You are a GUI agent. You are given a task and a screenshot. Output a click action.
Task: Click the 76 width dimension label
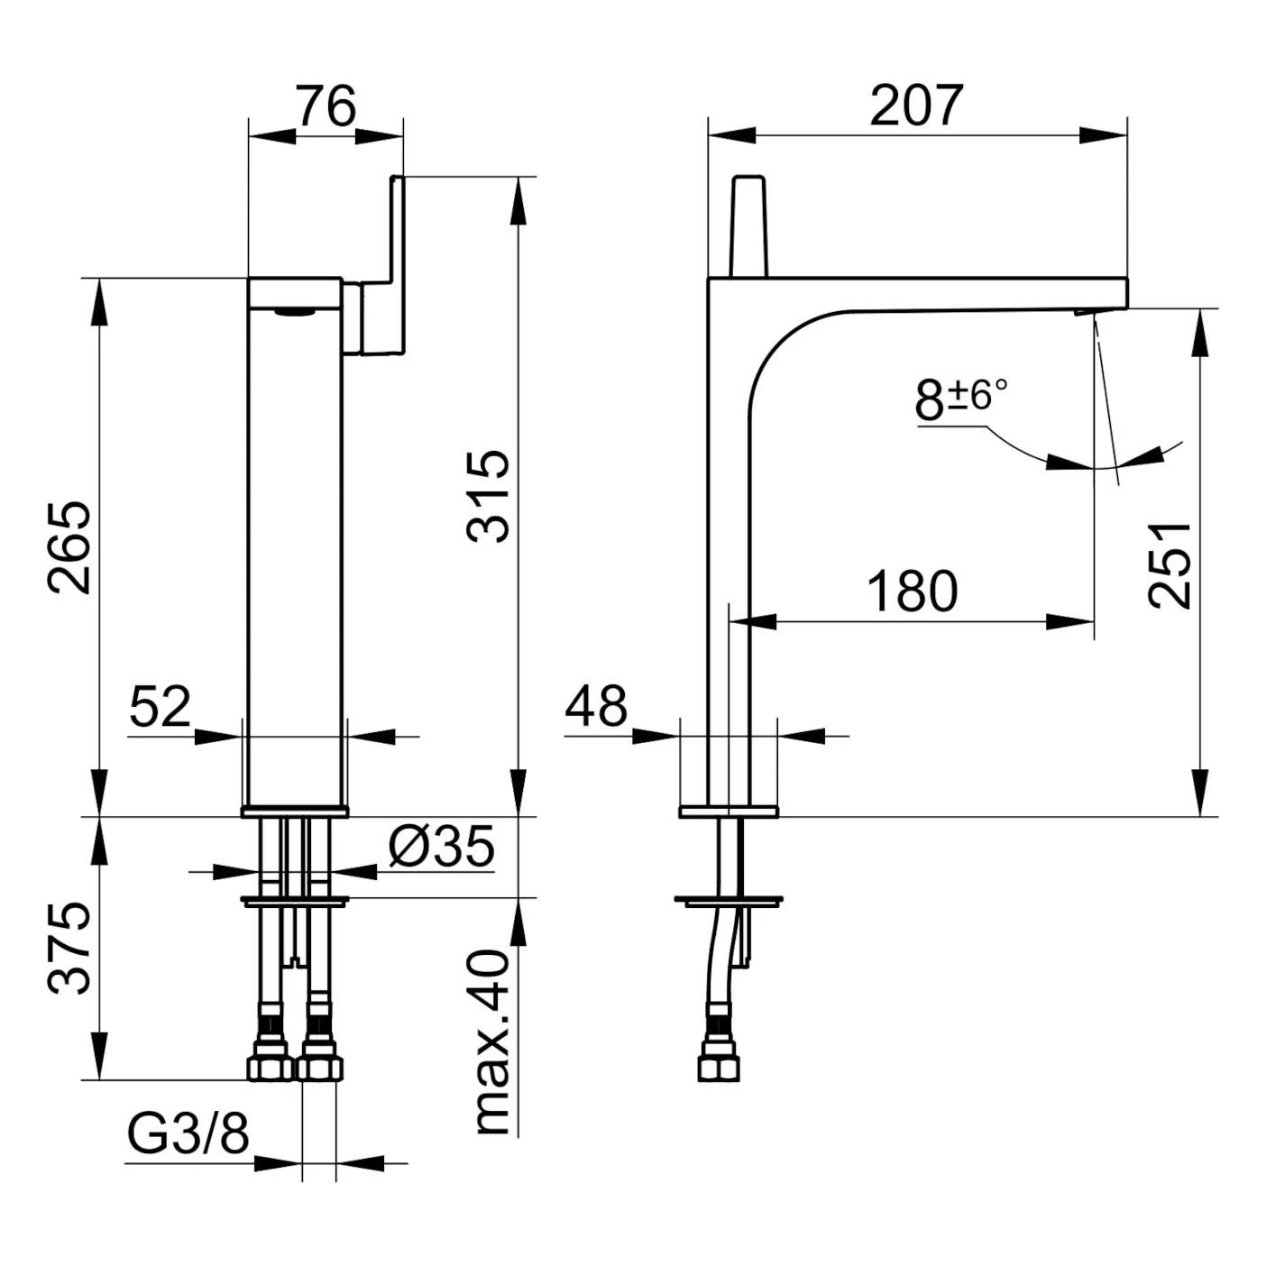[326, 105]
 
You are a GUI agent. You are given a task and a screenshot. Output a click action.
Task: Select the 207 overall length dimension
[916, 105]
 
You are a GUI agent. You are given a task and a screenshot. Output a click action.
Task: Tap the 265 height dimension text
[69, 548]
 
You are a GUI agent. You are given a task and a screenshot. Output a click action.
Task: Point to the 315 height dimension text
[488, 496]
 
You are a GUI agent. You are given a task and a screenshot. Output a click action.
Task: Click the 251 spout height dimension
[1169, 566]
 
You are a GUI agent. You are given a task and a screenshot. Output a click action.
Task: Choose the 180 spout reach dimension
[913, 592]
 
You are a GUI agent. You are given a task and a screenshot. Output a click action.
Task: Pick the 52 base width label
[160, 707]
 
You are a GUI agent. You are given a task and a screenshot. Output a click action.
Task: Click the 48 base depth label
[596, 707]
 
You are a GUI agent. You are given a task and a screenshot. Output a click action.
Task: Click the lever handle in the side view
[749, 226]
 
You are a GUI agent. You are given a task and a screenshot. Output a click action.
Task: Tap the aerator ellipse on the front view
[294, 313]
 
